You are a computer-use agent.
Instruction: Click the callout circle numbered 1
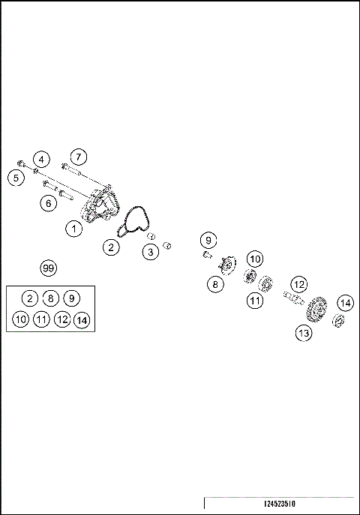(73, 229)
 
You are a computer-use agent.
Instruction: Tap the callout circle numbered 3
(151, 252)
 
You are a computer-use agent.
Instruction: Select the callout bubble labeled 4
(42, 160)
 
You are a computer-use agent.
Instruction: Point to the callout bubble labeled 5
(14, 178)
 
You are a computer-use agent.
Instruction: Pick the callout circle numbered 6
(49, 202)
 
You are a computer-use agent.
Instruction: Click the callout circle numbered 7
(79, 157)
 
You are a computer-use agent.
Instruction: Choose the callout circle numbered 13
(303, 334)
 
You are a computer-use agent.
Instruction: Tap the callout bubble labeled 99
(49, 268)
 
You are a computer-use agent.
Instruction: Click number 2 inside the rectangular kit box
(29, 298)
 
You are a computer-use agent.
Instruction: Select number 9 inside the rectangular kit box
(71, 298)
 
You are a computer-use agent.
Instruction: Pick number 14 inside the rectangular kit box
(82, 320)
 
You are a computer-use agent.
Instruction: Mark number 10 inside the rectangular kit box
(20, 319)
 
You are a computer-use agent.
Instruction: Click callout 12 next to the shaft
(299, 284)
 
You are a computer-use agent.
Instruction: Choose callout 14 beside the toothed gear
(344, 303)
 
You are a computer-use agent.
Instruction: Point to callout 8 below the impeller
(214, 284)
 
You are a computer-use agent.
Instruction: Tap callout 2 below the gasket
(111, 247)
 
